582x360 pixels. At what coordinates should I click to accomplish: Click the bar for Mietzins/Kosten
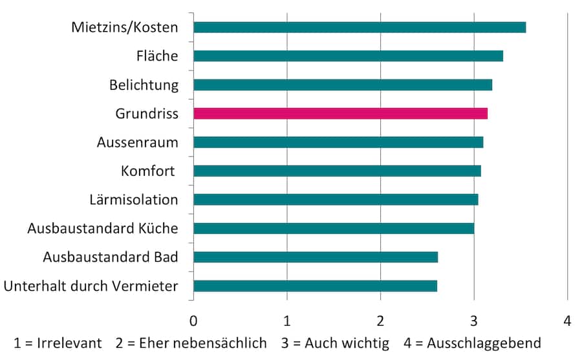[360, 27]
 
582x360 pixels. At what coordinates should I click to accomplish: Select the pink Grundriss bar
[340, 114]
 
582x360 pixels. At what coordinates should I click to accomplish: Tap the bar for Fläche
[348, 56]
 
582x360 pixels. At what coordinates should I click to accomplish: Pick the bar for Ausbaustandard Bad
[316, 257]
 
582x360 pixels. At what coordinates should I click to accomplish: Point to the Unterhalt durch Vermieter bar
[315, 286]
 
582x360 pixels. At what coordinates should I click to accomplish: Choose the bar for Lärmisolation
[336, 200]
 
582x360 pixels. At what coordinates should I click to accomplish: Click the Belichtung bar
[343, 85]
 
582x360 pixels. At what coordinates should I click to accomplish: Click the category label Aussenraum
[137, 142]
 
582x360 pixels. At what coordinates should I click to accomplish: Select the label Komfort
[149, 171]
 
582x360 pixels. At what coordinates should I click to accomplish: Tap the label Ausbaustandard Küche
[102, 228]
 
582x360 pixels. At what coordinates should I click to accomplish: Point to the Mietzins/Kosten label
[124, 27]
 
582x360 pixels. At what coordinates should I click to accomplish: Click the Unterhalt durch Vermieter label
[91, 286]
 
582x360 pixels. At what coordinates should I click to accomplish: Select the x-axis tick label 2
[380, 321]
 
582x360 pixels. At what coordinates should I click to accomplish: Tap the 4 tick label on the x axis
[567, 321]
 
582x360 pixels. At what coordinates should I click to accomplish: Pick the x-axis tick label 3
[474, 321]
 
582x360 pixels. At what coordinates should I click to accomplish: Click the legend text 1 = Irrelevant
[58, 343]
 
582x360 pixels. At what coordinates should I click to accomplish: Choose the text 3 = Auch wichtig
[335, 343]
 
